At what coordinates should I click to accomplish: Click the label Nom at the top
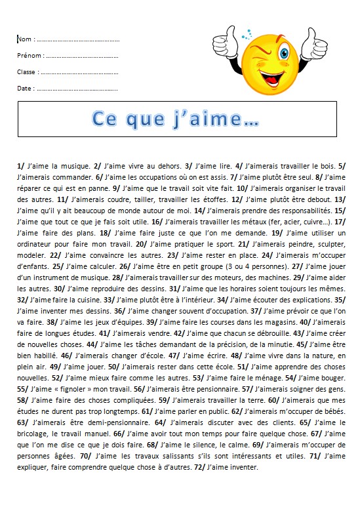[24, 39]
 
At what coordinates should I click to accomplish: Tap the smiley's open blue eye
[283, 52]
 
